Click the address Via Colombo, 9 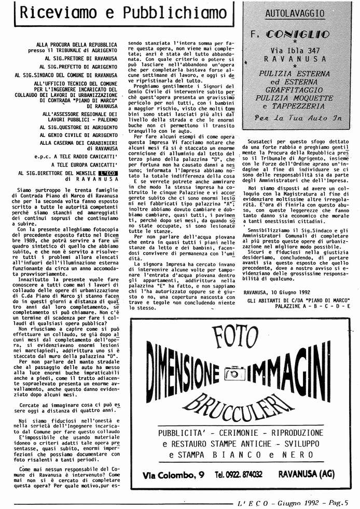click(173, 474)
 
